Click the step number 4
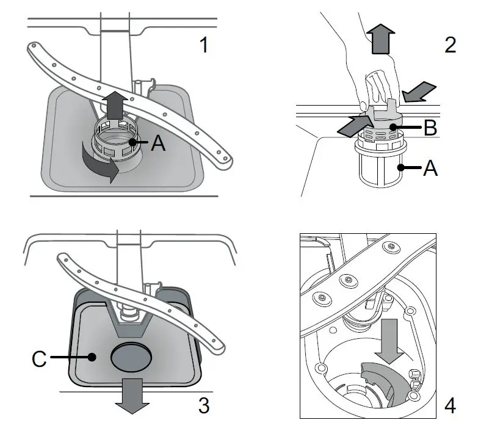click(x=449, y=405)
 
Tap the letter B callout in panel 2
click(x=430, y=129)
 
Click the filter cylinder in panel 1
click(x=115, y=143)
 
